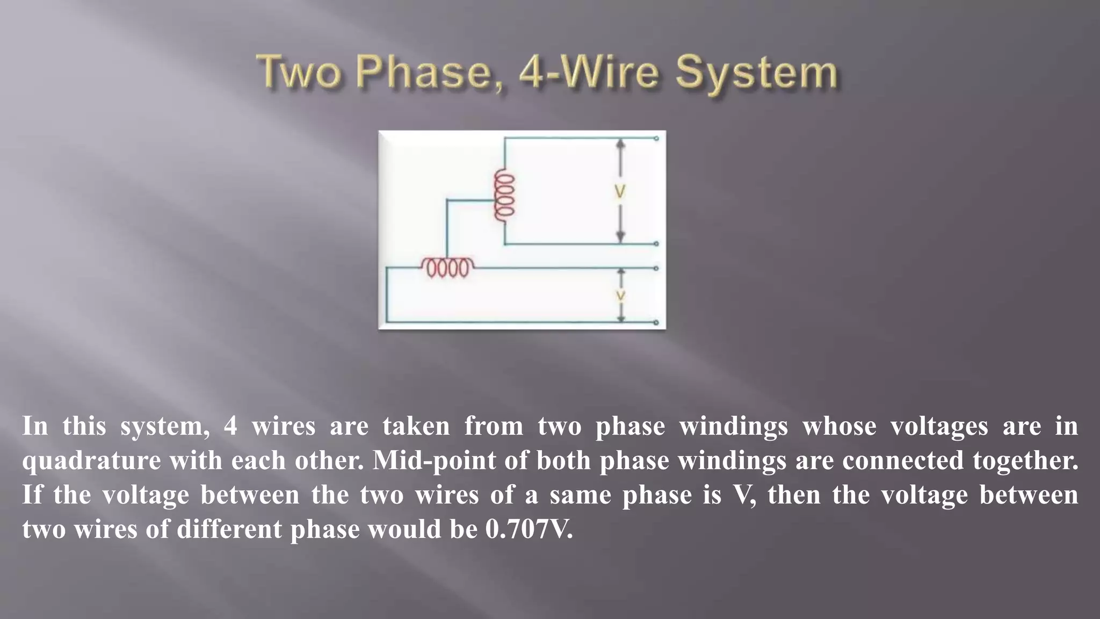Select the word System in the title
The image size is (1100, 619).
pos(756,74)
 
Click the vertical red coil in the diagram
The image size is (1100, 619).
pos(504,195)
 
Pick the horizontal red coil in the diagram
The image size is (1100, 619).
pos(447,267)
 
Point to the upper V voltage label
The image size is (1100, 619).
pos(620,192)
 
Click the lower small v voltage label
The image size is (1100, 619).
pos(620,295)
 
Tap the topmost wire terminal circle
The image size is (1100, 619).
pos(656,139)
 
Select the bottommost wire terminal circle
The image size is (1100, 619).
pos(656,322)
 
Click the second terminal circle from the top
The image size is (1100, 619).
pos(656,244)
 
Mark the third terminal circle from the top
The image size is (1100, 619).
pos(656,268)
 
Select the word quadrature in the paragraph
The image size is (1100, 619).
pos(91,461)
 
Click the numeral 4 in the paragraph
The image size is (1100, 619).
pos(230,426)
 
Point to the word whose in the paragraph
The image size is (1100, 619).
pos(839,426)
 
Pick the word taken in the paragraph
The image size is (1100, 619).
pos(416,426)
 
